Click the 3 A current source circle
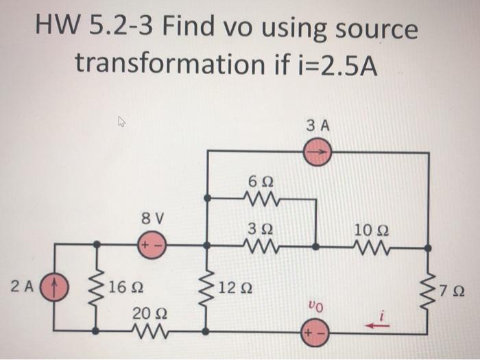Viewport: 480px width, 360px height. click(317, 152)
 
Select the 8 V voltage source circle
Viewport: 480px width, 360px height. click(147, 244)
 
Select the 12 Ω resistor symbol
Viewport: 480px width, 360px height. click(208, 288)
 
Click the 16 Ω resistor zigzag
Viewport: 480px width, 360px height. click(96, 288)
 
